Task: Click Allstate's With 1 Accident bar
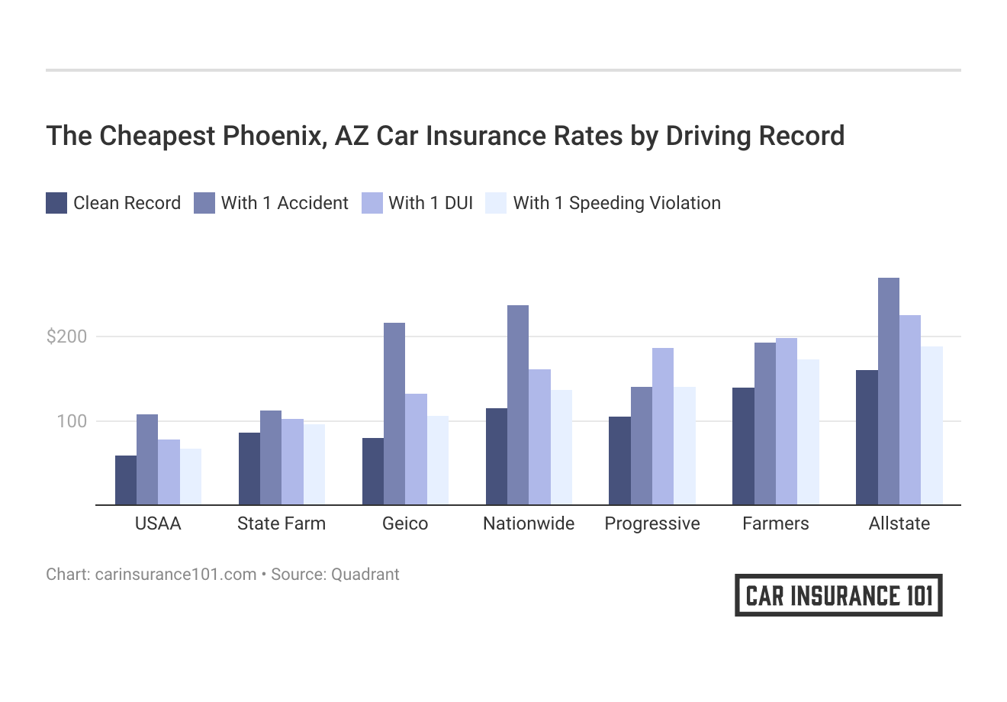pos(888,391)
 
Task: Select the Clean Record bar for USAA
pos(126,481)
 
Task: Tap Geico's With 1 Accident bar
pos(394,414)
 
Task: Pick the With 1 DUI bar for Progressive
pos(663,427)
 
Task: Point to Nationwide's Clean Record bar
pos(497,456)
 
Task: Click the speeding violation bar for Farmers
pos(808,432)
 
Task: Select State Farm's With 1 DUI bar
pos(292,462)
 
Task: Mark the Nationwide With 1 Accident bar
pos(518,405)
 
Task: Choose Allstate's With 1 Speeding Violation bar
pos(931,426)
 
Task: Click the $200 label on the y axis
pos(67,337)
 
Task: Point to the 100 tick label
pos(72,421)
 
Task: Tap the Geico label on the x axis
pos(405,523)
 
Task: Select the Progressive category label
pos(652,523)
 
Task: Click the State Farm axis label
pos(282,523)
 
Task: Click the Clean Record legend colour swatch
pos(56,203)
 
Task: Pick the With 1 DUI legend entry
pos(430,203)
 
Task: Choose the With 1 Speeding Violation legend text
pos(616,203)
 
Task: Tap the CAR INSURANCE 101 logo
pos(838,595)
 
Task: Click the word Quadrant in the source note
pos(365,574)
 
